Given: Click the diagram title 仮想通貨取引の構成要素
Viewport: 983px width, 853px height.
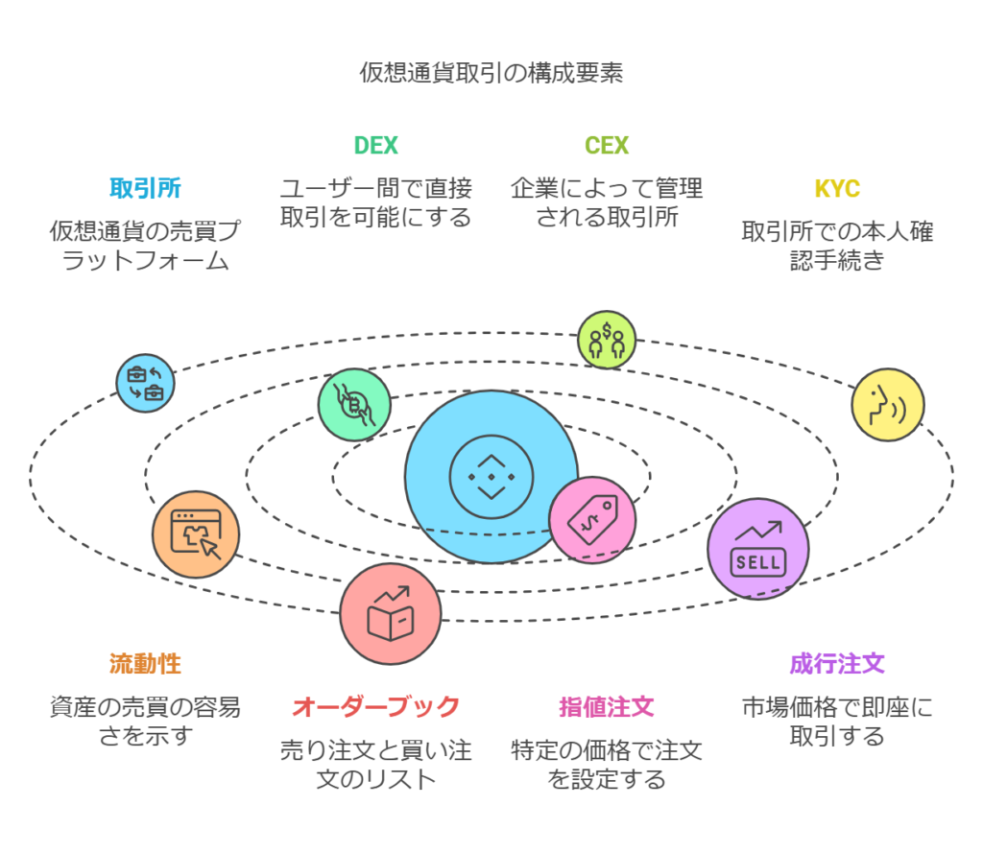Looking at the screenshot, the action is point(491,73).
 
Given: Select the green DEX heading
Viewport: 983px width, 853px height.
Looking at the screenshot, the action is point(375,146).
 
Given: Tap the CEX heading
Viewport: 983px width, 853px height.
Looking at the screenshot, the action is point(607,146).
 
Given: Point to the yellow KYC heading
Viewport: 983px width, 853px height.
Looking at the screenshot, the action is point(837,188).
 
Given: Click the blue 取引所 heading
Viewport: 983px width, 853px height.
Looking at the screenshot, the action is point(145,188).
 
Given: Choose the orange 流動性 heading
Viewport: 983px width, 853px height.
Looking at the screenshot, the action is point(145,664).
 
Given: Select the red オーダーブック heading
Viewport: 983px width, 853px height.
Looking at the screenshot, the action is point(375,707).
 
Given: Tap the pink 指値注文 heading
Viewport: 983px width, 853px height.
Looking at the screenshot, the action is point(607,707).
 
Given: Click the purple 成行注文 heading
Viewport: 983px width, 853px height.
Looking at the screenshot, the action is point(837,664).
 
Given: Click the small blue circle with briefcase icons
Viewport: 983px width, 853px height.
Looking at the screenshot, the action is point(146,383).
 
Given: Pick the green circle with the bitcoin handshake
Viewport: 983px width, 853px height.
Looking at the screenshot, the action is point(354,405).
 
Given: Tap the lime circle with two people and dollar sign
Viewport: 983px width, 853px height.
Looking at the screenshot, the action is point(607,340).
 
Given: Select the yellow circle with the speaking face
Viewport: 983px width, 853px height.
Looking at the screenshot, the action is point(888,405).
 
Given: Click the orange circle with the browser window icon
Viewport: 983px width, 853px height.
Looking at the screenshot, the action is point(196,534).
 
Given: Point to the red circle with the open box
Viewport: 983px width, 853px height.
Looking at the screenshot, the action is point(390,613).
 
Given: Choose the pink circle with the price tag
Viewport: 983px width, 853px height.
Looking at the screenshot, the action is point(592,520).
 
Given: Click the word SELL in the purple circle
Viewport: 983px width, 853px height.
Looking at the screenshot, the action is point(758,562).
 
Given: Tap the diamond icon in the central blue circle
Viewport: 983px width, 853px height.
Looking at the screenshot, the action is point(491,477).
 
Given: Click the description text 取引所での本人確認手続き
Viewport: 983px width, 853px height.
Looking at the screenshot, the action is point(837,246).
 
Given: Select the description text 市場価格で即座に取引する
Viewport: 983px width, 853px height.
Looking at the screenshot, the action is point(837,722).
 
